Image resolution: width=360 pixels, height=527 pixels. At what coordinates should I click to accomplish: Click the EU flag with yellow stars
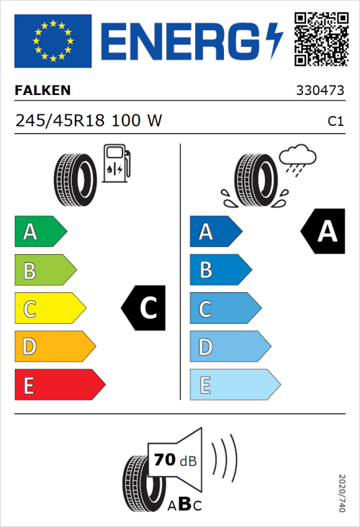coord(53,41)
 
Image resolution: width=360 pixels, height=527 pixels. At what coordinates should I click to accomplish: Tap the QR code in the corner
coord(319,39)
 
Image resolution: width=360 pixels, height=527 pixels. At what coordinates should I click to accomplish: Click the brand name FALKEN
coord(42,90)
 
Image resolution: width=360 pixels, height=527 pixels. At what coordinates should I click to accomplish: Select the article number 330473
coord(320,91)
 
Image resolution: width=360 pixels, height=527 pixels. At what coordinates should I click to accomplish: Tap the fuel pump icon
coord(116,163)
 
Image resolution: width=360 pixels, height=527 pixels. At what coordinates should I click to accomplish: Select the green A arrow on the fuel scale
coord(40,232)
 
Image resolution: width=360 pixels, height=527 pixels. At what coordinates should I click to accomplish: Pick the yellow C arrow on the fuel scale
coord(49,309)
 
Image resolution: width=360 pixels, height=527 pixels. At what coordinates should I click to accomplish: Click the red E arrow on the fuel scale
coord(59,385)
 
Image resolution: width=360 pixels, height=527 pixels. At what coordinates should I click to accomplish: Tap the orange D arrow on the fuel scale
coord(54,347)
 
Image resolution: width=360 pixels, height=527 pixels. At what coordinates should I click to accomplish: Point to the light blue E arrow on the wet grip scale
coord(234,385)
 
